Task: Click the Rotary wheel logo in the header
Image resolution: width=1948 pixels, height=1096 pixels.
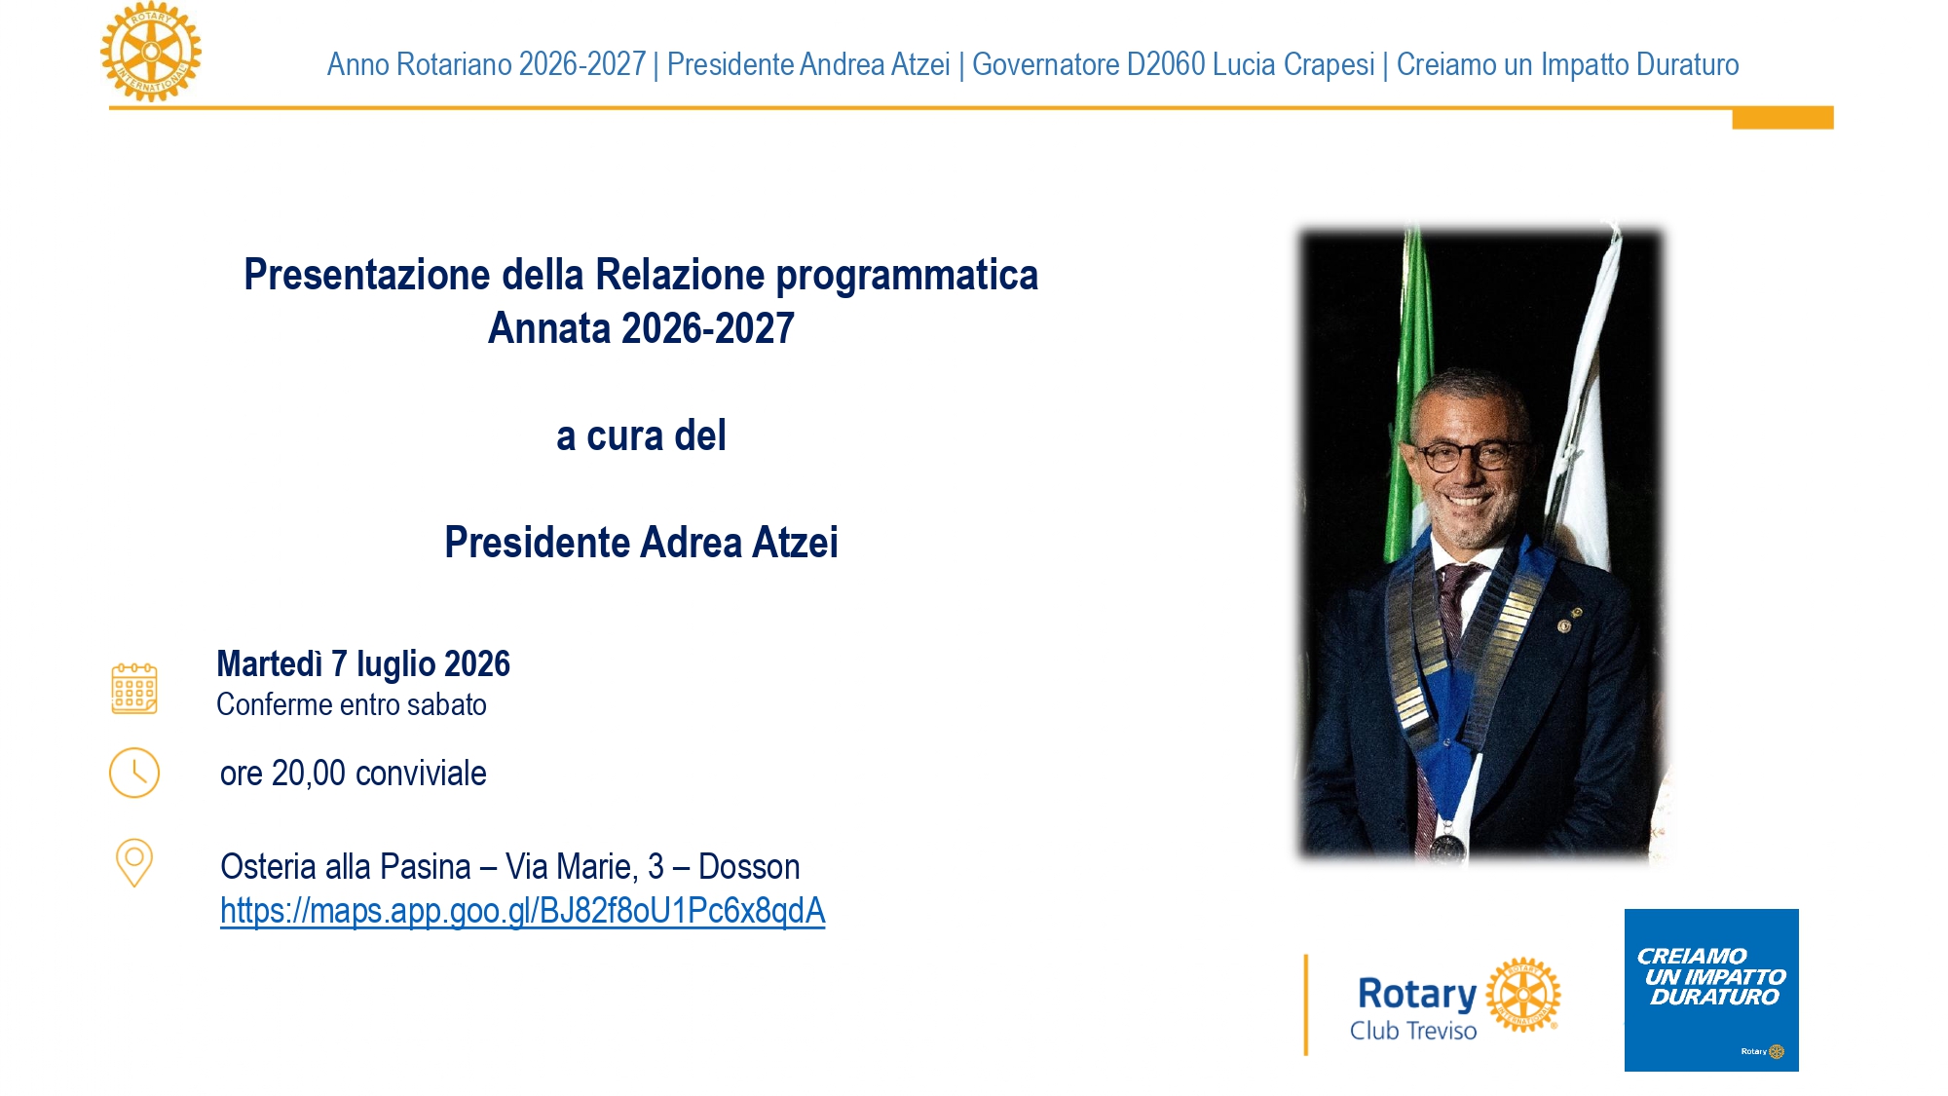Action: click(151, 52)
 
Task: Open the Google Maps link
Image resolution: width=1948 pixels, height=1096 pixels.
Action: click(522, 911)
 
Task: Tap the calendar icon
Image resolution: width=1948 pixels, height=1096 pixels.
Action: click(134, 689)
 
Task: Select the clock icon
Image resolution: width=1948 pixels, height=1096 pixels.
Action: click(134, 773)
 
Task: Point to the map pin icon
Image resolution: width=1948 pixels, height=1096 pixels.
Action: click(134, 862)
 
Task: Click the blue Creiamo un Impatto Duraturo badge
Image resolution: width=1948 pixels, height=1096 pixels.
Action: click(1711, 990)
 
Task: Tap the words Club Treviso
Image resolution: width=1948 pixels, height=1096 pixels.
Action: click(1412, 1031)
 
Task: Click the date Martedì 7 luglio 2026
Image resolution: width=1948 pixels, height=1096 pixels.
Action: click(363, 664)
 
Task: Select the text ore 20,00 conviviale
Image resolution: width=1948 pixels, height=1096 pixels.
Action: click(353, 774)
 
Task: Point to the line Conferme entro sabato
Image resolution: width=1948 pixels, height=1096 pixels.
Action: click(352, 704)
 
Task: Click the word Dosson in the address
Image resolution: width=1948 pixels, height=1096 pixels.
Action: click(749, 866)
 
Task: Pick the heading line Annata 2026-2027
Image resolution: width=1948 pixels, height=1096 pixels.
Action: click(641, 328)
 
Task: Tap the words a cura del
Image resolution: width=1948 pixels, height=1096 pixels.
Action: click(641, 435)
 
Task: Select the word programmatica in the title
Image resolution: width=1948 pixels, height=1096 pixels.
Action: click(907, 276)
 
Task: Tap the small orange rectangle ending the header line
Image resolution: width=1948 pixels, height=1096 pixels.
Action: click(1782, 118)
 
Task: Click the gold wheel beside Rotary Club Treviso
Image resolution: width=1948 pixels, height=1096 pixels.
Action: click(1523, 994)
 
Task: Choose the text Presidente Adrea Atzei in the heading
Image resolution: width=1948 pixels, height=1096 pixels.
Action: click(641, 543)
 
